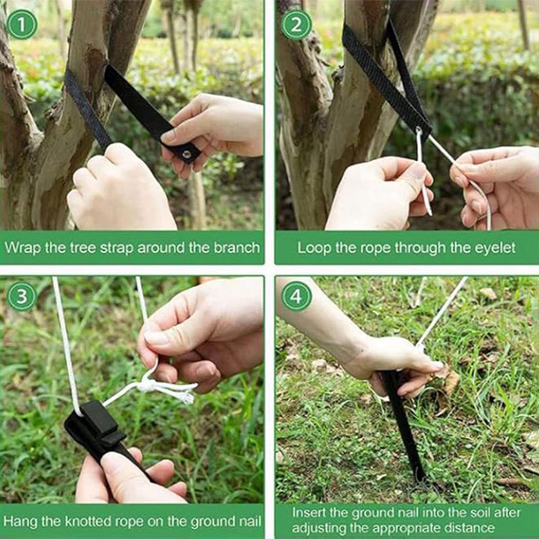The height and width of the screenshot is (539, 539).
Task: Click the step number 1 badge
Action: tap(22, 24)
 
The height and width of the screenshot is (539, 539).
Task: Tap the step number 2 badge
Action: tap(296, 24)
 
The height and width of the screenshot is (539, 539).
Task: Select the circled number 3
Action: tap(22, 296)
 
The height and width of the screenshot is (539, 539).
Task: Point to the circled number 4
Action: tap(296, 296)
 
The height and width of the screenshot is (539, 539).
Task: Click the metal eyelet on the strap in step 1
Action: tap(187, 154)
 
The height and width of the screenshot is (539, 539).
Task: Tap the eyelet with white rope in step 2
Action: tap(419, 131)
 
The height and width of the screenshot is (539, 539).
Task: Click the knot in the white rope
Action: tap(148, 385)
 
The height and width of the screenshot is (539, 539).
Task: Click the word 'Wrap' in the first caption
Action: tap(23, 248)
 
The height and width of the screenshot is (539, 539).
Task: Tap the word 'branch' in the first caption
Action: tap(236, 247)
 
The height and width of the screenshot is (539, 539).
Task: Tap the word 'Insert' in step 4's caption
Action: tap(309, 513)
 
